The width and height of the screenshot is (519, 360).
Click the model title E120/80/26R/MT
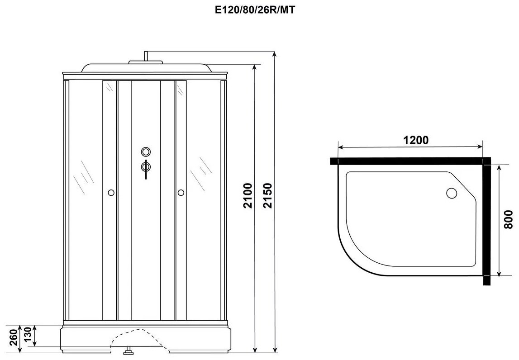coord(255,10)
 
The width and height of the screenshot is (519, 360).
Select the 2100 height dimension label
coord(248,195)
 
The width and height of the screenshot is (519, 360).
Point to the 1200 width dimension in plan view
coord(416,140)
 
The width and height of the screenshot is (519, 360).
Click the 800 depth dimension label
coord(508,219)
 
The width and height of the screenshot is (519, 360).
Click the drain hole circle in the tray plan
coord(452,193)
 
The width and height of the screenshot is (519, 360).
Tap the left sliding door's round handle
coord(111,192)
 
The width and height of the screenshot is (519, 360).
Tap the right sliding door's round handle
coord(181,192)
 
